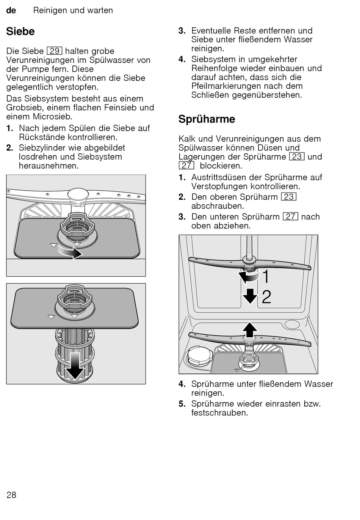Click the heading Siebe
20,31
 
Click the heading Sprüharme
207,119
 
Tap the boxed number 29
55,51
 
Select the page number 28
11,495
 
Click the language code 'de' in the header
11,11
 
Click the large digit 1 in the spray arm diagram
266,277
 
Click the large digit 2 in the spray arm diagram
266,297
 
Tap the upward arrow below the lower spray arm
249,329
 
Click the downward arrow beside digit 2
250,296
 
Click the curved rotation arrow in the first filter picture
70,252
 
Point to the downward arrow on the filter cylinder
75,366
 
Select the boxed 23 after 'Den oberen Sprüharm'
289,197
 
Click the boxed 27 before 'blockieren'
186,166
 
